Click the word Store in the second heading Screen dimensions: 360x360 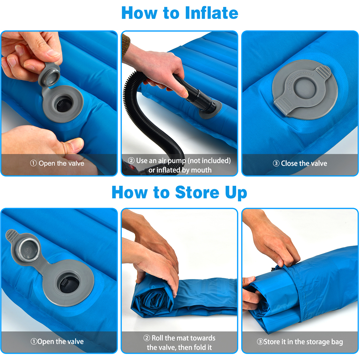click(x=197, y=192)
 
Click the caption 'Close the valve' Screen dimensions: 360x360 click(x=304, y=163)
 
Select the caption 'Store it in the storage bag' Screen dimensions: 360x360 click(x=303, y=342)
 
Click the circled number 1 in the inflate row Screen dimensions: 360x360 click(x=33, y=163)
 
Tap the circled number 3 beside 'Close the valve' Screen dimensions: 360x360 click(x=276, y=163)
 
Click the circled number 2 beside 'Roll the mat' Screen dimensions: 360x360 click(x=147, y=338)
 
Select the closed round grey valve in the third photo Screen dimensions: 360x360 click(x=305, y=90)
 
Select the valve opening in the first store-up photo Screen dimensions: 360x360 click(x=68, y=283)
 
